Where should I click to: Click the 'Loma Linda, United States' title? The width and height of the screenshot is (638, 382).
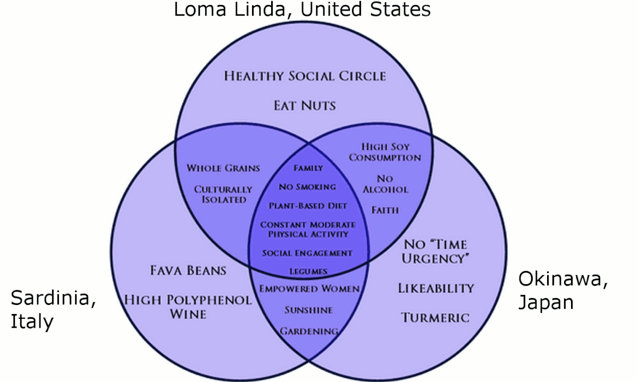[x=302, y=10]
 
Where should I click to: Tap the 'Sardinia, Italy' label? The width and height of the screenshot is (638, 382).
[x=53, y=310]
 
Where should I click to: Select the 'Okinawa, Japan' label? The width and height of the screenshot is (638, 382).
[x=563, y=290]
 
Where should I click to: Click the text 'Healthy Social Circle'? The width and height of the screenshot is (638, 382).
[x=305, y=77]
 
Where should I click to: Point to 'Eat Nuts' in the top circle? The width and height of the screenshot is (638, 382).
[x=305, y=106]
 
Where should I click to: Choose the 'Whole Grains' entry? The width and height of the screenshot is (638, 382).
[x=223, y=168]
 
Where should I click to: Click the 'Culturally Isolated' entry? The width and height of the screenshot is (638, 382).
[x=223, y=194]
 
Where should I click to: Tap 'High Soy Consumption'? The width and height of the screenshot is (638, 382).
[x=385, y=152]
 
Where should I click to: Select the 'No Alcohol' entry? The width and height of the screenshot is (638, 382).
[x=385, y=184]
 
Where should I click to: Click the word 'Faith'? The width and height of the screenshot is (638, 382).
[x=385, y=210]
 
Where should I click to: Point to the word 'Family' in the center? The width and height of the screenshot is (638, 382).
[x=308, y=168]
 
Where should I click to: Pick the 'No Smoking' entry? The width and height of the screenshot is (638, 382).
[x=308, y=186]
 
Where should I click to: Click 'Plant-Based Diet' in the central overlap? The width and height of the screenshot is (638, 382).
[x=308, y=206]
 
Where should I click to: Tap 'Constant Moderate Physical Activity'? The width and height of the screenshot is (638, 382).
[x=308, y=230]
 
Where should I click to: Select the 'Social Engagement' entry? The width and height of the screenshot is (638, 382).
[x=307, y=253]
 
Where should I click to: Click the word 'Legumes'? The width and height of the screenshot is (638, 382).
[x=308, y=271]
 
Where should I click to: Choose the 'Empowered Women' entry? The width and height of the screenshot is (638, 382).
[x=309, y=288]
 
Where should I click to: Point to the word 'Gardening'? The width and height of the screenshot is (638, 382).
[x=309, y=332]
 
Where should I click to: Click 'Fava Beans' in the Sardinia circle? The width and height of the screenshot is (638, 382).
[x=188, y=270]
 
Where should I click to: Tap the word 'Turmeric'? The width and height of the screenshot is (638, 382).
[x=435, y=318]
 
